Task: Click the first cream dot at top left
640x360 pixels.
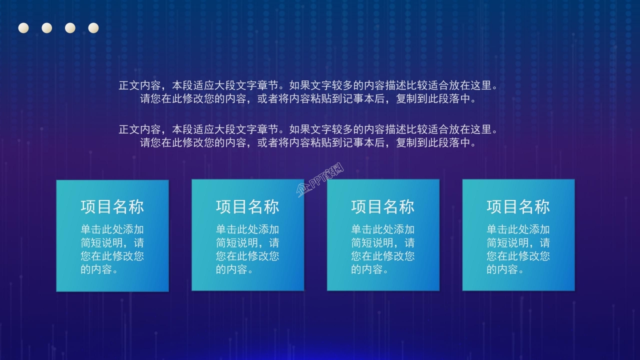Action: click(x=23, y=28)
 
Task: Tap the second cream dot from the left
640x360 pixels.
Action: click(x=47, y=28)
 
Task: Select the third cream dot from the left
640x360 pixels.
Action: click(x=70, y=28)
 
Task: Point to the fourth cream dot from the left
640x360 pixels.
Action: click(x=93, y=28)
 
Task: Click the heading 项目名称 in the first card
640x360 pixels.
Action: click(x=112, y=206)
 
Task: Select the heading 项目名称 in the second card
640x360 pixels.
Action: click(x=247, y=206)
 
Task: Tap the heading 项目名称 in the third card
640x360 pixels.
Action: click(x=383, y=206)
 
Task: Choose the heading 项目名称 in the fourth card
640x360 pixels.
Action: click(x=518, y=206)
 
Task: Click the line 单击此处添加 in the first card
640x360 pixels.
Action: click(x=112, y=229)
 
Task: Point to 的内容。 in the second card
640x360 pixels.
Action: click(x=234, y=269)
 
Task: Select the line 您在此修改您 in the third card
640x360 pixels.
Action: click(x=383, y=256)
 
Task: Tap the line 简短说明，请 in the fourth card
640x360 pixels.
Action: click(x=518, y=243)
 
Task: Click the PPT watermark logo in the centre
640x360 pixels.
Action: click(x=320, y=180)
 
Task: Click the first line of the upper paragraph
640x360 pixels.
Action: click(x=309, y=85)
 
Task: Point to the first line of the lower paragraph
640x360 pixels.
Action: click(x=309, y=129)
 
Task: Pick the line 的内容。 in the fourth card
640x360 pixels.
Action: click(x=505, y=269)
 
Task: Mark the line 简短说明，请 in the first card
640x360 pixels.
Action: click(x=112, y=243)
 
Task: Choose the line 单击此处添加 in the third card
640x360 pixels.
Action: click(x=383, y=229)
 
